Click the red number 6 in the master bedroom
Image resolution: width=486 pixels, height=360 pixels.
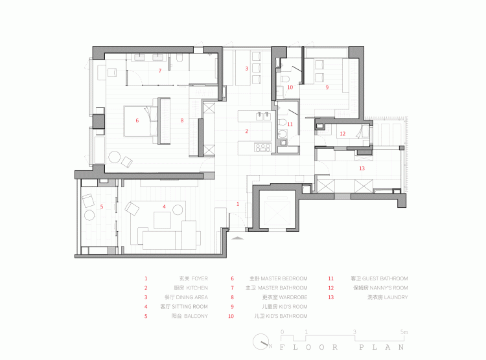click(137, 120)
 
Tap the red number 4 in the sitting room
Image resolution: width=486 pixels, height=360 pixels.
click(164, 207)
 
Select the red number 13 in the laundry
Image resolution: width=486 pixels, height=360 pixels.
click(362, 168)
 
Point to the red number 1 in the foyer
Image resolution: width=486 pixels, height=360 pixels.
click(237, 204)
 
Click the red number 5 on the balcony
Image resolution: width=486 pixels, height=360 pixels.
click(102, 207)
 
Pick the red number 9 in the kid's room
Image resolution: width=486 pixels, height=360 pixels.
click(327, 87)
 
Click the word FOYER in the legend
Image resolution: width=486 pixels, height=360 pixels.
click(200, 278)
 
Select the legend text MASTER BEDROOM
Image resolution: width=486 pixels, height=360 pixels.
click(283, 278)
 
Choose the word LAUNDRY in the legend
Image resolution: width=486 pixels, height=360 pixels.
click(395, 297)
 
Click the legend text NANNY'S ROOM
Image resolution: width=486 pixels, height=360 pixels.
click(388, 288)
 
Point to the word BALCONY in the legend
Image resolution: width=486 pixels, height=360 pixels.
click(196, 316)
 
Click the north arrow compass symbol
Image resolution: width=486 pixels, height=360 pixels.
click(263, 341)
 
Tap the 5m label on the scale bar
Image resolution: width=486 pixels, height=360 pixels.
click(404, 332)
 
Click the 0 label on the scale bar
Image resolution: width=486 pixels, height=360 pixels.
click(282, 332)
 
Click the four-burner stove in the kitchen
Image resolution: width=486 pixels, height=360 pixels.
click(262, 148)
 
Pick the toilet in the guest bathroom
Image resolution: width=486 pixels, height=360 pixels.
click(282, 122)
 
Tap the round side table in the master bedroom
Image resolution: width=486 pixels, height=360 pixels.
click(114, 157)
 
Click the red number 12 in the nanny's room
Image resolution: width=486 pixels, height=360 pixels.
click(343, 134)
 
